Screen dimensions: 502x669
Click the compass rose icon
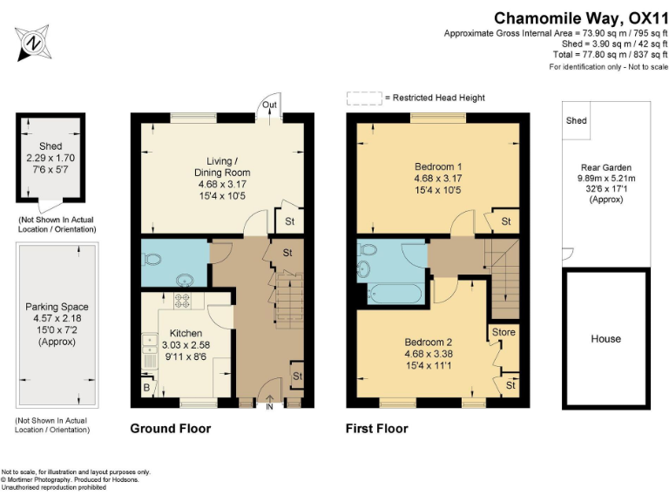pyautogui.click(x=33, y=41)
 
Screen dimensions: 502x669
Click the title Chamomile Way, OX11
pyautogui.click(x=575, y=17)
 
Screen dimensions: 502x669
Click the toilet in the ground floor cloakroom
pyautogui.click(x=153, y=259)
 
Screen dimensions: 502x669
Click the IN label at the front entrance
pyautogui.click(x=269, y=406)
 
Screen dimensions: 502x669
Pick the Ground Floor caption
pyautogui.click(x=170, y=429)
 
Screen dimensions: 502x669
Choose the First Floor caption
pyautogui.click(x=377, y=429)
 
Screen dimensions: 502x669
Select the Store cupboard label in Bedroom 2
pyautogui.click(x=503, y=332)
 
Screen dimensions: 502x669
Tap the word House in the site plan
pyautogui.click(x=606, y=338)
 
